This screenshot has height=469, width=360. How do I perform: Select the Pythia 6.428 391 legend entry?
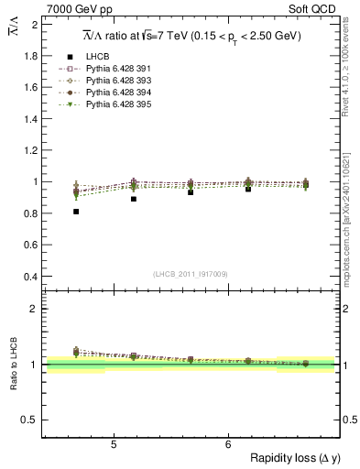pyautogui.click(x=116, y=70)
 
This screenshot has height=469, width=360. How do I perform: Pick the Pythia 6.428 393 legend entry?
pyautogui.click(x=116, y=82)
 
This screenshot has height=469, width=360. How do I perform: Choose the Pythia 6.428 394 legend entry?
pyautogui.click(x=116, y=93)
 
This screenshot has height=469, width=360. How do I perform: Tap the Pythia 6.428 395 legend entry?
pyautogui.click(x=116, y=105)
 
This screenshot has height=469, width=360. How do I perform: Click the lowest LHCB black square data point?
pyautogui.click(x=76, y=212)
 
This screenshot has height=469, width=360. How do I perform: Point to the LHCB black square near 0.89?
pyautogui.click(x=134, y=199)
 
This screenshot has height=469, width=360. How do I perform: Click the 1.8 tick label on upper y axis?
pyautogui.click(x=30, y=56)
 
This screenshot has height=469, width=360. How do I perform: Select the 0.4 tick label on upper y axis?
pyautogui.click(x=30, y=277)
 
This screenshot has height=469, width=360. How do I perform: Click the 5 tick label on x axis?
pyautogui.click(x=113, y=444)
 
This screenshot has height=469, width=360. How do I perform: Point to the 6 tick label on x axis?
pyautogui.click(x=227, y=444)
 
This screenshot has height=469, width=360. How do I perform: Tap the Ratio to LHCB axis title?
pyautogui.click(x=13, y=364)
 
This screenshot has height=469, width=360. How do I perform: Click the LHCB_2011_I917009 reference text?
pyautogui.click(x=191, y=274)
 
